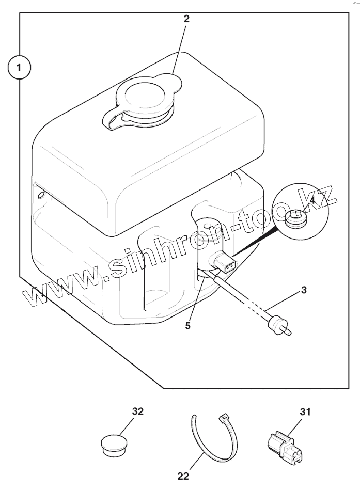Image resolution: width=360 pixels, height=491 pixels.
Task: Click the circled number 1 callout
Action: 19,68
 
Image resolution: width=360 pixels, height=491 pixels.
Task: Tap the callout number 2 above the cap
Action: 186,19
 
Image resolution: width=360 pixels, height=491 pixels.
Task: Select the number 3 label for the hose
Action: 304,290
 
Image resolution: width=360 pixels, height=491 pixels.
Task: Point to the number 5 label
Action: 187,326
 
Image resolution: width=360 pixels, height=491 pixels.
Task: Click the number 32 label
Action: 137,411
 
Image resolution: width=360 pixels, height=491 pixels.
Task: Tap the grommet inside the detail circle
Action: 296,221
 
